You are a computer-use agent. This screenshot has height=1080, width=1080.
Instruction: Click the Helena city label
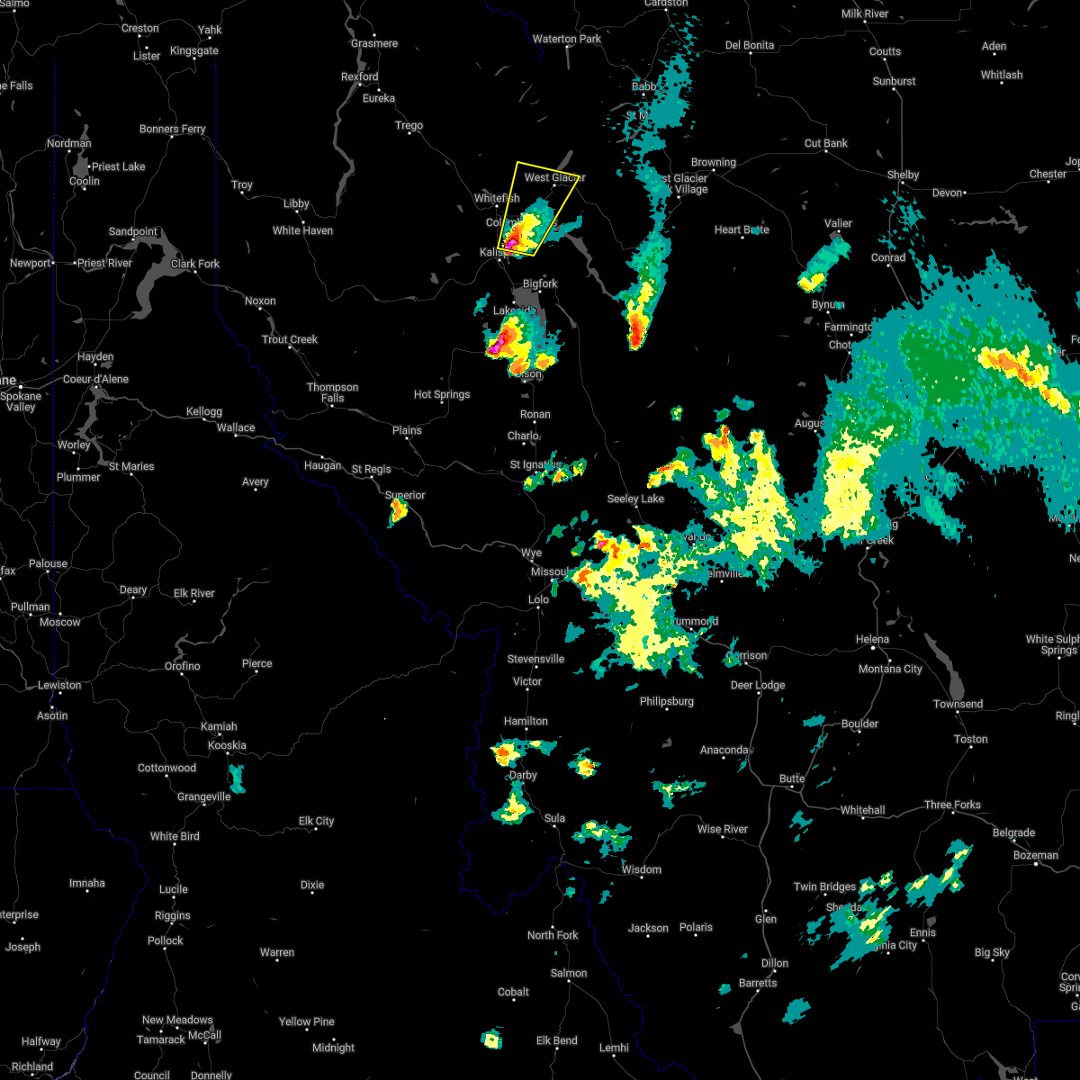pyautogui.click(x=872, y=640)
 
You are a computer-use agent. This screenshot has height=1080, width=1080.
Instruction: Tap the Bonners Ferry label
pyautogui.click(x=172, y=130)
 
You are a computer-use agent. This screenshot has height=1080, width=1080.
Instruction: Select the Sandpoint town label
pyautogui.click(x=132, y=232)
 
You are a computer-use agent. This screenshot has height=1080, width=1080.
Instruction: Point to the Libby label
pyautogui.click(x=296, y=204)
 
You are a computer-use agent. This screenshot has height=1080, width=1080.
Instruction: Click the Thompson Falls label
pyautogui.click(x=332, y=392)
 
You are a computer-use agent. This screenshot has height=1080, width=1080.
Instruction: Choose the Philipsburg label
pyautogui.click(x=667, y=702)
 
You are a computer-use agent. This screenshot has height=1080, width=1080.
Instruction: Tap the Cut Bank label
pyautogui.click(x=825, y=144)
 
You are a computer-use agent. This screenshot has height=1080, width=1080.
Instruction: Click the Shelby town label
pyautogui.click(x=903, y=175)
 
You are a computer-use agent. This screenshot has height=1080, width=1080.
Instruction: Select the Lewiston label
pyautogui.click(x=59, y=686)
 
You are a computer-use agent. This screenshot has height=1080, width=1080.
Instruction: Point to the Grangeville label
pyautogui.click(x=203, y=797)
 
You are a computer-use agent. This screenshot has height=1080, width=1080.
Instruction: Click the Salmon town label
pyautogui.click(x=569, y=974)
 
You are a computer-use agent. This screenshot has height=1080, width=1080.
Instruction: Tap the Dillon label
pyautogui.click(x=774, y=964)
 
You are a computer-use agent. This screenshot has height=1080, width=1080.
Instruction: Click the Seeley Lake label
pyautogui.click(x=635, y=499)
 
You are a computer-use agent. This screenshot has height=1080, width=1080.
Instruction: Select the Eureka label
pyautogui.click(x=379, y=99)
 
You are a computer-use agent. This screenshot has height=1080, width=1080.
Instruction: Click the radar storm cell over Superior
pyautogui.click(x=398, y=512)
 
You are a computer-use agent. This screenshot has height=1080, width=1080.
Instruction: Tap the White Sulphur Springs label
pyautogui.click(x=1052, y=644)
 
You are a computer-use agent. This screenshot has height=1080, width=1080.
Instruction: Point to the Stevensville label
pyautogui.click(x=535, y=660)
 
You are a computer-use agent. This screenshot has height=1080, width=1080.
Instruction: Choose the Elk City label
pyautogui.click(x=316, y=822)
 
